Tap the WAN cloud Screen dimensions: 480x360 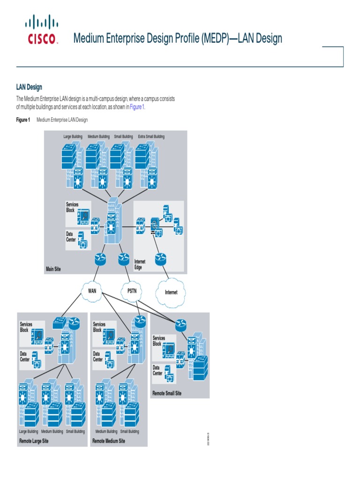tap(92, 291)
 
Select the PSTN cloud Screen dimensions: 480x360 tap(132, 291)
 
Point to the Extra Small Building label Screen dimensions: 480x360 tap(151, 137)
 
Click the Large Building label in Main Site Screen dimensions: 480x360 tap(73, 137)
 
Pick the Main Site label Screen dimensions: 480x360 tap(53, 269)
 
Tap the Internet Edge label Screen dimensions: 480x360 tap(140, 264)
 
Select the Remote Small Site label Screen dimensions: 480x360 tap(167, 393)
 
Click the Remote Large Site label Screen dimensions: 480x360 tap(34, 441)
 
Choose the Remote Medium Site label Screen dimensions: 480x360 tap(109, 441)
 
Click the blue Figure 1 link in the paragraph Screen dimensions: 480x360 tap(137, 107)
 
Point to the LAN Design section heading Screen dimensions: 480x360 tap(29, 87)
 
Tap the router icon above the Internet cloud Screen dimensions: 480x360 tap(161, 258)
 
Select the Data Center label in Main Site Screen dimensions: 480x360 tap(71, 237)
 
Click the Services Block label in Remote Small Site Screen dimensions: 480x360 tap(159, 341)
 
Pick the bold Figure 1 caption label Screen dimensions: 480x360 tap(23, 120)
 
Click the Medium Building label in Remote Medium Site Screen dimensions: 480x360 tap(106, 431)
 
